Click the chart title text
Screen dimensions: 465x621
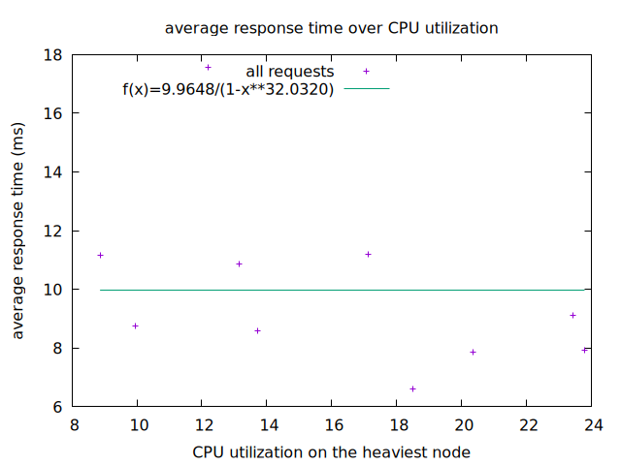pos(332,28)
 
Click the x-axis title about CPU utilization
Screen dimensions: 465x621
pos(331,451)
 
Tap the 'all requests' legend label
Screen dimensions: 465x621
pos(289,72)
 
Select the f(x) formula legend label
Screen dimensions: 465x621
pos(228,89)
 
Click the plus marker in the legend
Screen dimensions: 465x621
pos(366,71)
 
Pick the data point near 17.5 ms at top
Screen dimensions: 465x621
pos(208,67)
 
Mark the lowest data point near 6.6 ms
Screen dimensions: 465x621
pos(412,388)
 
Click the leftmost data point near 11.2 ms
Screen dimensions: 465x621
pos(100,255)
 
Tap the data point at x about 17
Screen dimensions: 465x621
pos(368,254)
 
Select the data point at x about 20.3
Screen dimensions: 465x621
pos(473,352)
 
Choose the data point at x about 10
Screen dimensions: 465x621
pos(135,325)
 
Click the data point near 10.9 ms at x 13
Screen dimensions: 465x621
pos(239,263)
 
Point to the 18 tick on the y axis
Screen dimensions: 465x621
pos(52,55)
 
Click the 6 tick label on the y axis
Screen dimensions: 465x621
pos(57,407)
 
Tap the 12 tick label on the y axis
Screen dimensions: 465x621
pos(52,232)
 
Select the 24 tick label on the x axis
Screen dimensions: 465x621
pos(593,424)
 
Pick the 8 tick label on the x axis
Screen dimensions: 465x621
pos(74,424)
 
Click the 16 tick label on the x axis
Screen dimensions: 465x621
pos(333,424)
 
